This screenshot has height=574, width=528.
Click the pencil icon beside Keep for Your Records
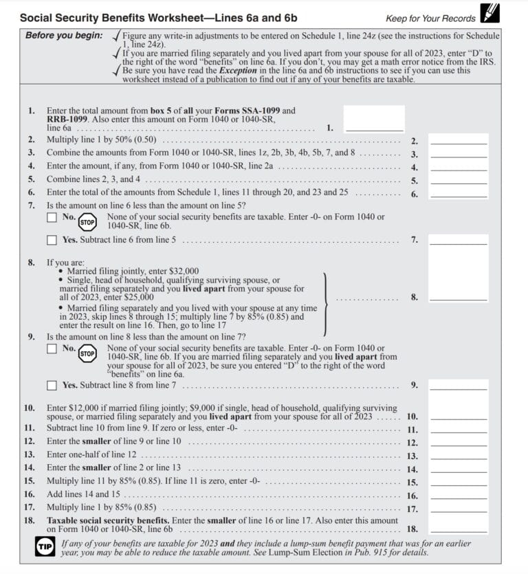tap(490, 13)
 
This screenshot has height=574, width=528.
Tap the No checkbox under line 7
tap(52, 217)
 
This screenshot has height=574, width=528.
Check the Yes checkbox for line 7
tap(52, 240)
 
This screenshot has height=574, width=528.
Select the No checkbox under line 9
tap(52, 349)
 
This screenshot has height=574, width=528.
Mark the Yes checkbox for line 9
tap(52, 386)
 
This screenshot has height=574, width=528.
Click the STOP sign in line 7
tap(87, 222)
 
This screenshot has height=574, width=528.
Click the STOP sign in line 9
tap(87, 354)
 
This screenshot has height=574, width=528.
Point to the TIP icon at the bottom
tap(44, 547)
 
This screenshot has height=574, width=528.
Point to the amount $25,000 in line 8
tap(135, 297)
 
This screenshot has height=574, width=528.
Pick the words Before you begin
tap(64, 35)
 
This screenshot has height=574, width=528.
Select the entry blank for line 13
tap(459, 456)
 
